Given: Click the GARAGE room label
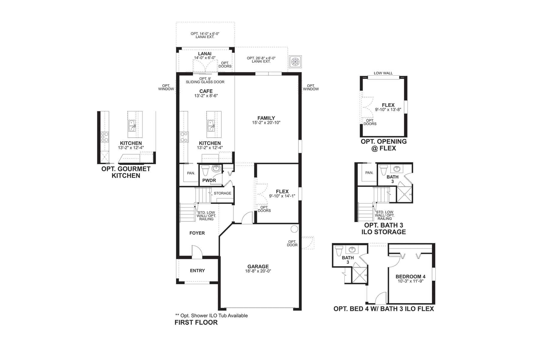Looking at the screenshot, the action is click(x=258, y=266).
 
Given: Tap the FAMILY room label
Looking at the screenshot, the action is click(x=266, y=118).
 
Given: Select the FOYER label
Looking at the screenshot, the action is click(x=197, y=233).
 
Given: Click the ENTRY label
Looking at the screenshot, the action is click(x=197, y=271).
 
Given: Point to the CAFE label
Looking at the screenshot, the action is click(x=206, y=91).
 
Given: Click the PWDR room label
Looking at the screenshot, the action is click(x=209, y=180).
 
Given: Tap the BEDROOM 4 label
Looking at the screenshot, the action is click(x=410, y=277).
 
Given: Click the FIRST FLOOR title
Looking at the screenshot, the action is click(x=196, y=322).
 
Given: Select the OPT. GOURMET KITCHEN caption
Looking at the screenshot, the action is click(x=126, y=172).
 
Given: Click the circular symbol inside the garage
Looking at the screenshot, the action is click(x=294, y=229).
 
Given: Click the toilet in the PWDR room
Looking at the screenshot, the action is click(x=205, y=170).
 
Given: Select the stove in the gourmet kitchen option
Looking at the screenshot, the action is click(x=105, y=137).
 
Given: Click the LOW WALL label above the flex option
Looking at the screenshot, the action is click(x=383, y=73).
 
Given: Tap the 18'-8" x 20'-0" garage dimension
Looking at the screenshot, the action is click(x=258, y=271).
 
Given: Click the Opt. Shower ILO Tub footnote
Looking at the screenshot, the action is click(x=211, y=316).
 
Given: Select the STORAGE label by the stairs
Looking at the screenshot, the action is click(x=223, y=193).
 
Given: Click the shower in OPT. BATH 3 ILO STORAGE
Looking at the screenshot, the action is click(x=405, y=194).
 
